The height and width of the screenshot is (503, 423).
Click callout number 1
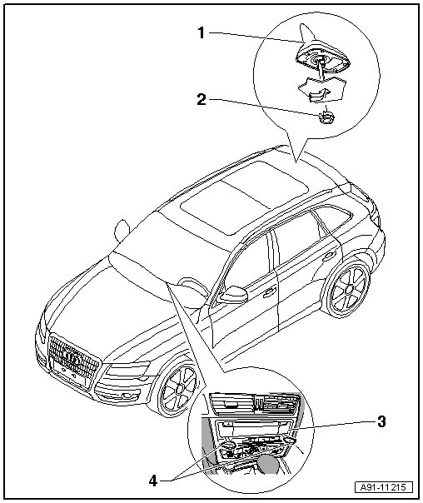(201, 32)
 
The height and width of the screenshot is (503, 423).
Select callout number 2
(202, 99)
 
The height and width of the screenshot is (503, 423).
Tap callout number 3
(381, 421)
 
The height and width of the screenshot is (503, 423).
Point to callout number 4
(153, 481)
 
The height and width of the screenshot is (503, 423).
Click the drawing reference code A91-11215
(384, 488)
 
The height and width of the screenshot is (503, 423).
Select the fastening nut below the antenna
(326, 117)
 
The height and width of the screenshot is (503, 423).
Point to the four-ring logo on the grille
(71, 357)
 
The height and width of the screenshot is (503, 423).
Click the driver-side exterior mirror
(233, 295)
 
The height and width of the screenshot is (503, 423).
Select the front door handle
(270, 292)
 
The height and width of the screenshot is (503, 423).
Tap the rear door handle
(331, 256)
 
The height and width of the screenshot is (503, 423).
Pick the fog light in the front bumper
(127, 396)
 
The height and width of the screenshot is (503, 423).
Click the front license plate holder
(69, 373)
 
